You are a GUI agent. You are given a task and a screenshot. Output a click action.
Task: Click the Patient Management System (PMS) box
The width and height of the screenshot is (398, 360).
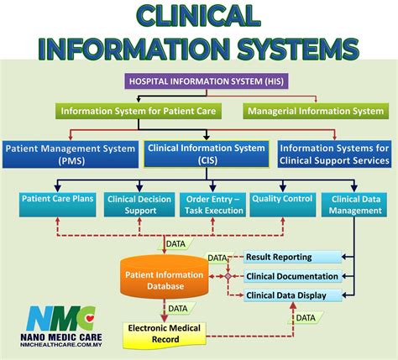(x=71, y=154)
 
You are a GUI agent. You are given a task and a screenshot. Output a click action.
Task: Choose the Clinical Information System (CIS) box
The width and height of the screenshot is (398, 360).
(x=207, y=154)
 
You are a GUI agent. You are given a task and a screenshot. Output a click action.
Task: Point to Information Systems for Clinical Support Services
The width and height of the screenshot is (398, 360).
(x=334, y=154)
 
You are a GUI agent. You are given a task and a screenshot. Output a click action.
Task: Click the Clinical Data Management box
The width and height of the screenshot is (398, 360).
(x=353, y=204)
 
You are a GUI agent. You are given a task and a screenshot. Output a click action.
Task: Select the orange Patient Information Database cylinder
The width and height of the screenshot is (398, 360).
(x=164, y=279)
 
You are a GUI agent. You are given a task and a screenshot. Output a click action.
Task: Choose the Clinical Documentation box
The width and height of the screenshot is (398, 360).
(x=293, y=276)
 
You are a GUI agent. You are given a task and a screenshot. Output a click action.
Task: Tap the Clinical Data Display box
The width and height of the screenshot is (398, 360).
(x=293, y=295)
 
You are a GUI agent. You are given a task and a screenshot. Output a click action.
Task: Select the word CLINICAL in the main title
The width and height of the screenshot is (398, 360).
(x=200, y=16)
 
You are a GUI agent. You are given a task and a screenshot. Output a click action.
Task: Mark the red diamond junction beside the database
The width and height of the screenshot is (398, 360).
(x=227, y=276)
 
